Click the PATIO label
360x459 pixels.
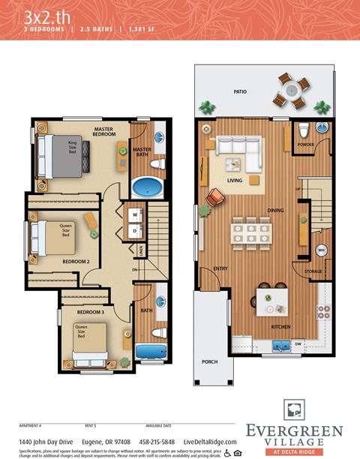(239, 91)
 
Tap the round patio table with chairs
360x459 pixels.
(290, 91)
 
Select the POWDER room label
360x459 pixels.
(305, 144)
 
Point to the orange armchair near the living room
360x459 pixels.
(215, 196)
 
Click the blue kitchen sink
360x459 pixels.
(282, 345)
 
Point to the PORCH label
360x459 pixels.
(210, 361)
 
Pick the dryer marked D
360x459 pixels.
(136, 230)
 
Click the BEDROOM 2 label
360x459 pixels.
(76, 261)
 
